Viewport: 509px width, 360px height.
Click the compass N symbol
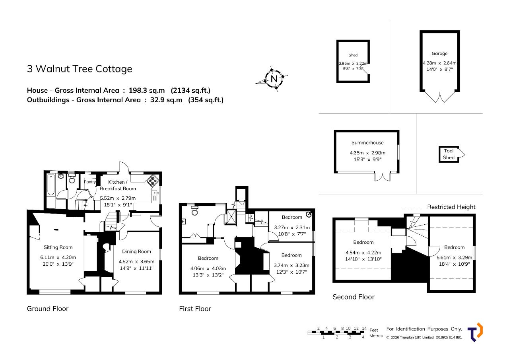[x=274, y=79]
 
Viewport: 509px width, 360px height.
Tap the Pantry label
[x=90, y=182]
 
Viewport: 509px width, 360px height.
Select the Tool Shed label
[x=449, y=154]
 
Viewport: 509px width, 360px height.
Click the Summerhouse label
[x=367, y=143]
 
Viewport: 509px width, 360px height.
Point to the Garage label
[x=439, y=53]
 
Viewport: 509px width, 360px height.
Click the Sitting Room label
[x=58, y=247]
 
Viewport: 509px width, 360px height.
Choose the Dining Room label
[x=136, y=251]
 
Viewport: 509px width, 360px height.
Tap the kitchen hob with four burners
[x=153, y=180]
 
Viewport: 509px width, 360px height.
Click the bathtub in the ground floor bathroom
[x=51, y=185]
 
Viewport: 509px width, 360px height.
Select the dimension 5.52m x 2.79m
[x=118, y=198]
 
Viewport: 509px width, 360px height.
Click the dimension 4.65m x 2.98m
[x=367, y=153]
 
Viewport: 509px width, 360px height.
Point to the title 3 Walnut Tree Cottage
[x=80, y=69]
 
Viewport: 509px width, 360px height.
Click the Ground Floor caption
[x=47, y=309]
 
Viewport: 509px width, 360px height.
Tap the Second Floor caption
[x=354, y=297]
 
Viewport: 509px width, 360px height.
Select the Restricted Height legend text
[x=451, y=207]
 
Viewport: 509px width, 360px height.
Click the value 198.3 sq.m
[x=147, y=90]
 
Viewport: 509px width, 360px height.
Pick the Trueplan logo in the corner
[x=475, y=332]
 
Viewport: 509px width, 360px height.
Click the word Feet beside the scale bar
[x=373, y=330]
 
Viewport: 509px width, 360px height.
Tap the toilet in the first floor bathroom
[x=195, y=211]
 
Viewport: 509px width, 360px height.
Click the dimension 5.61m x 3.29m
[x=454, y=257]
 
